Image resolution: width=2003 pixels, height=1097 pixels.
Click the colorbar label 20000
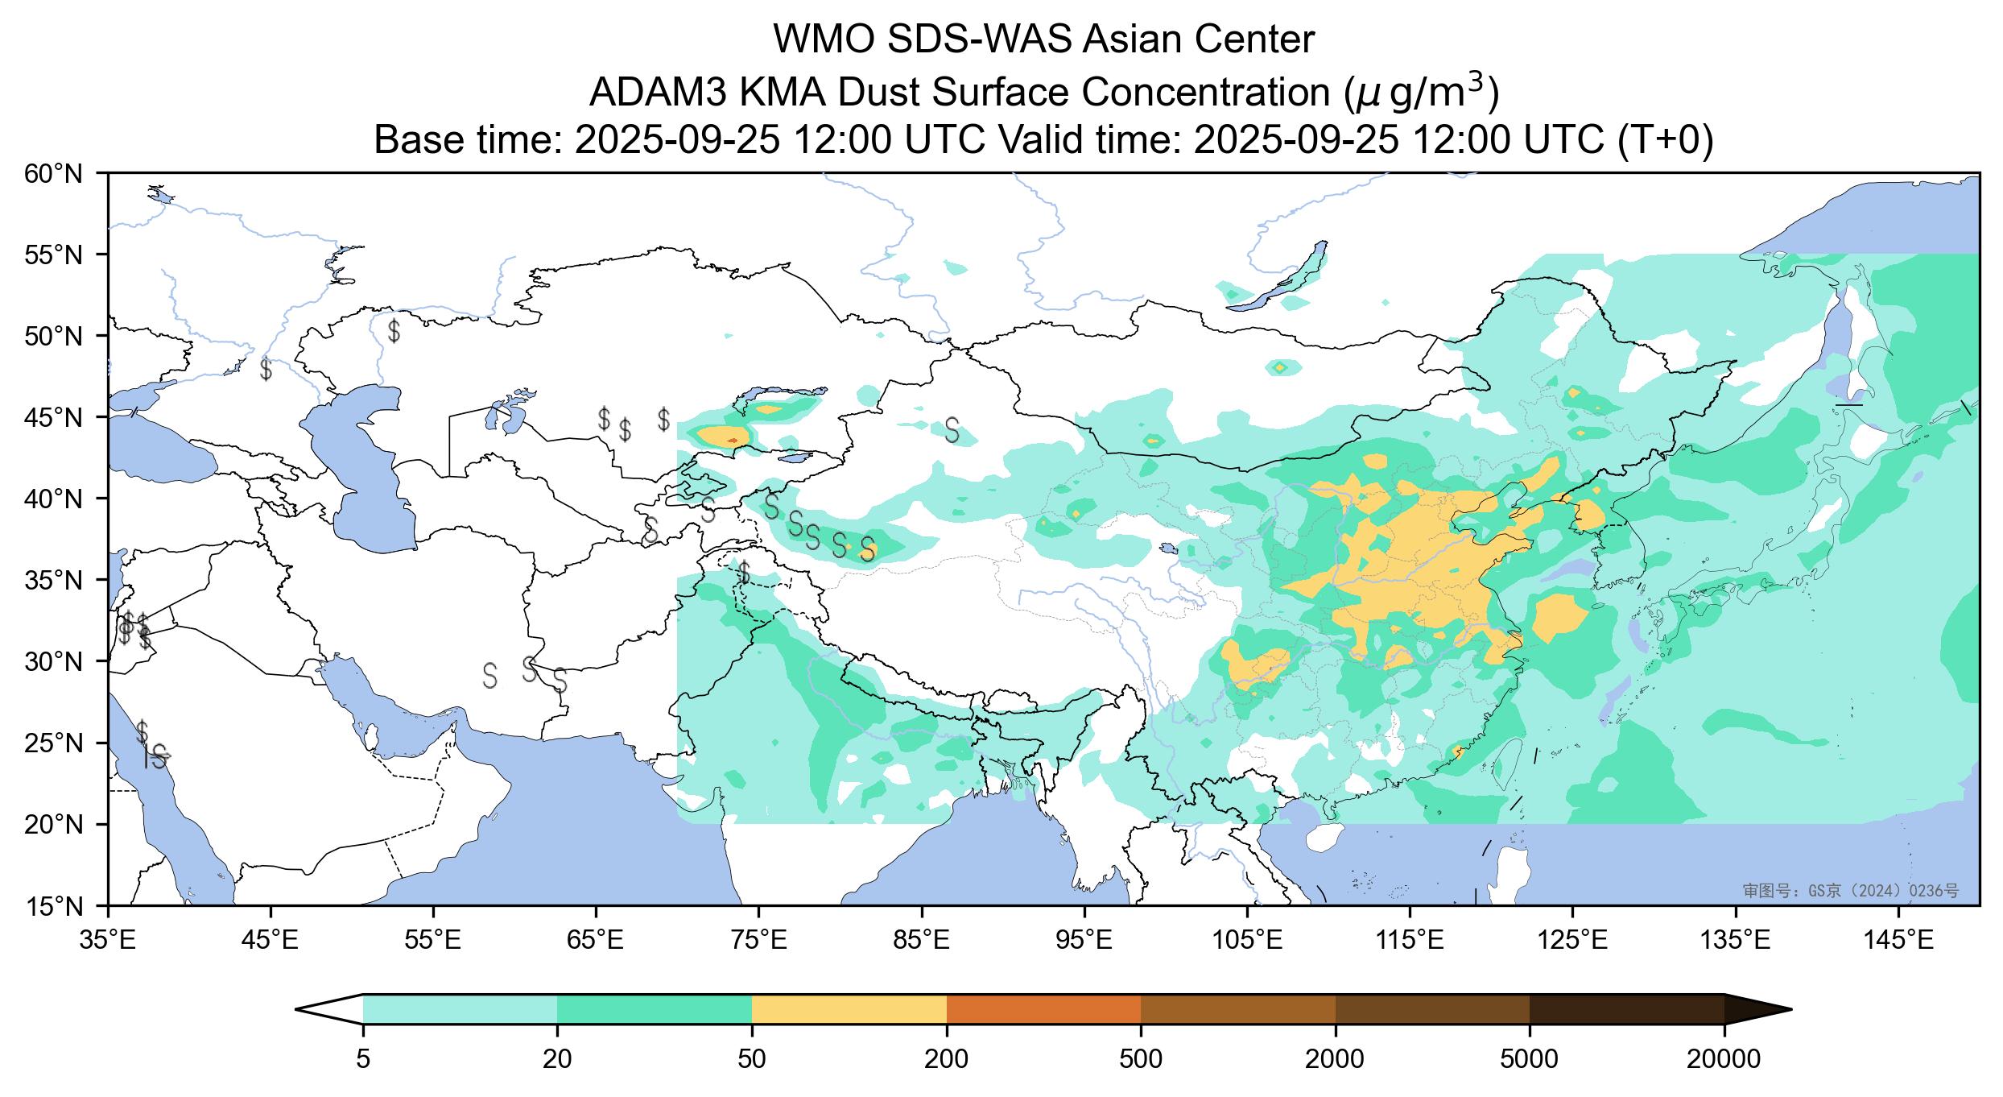click(1724, 1058)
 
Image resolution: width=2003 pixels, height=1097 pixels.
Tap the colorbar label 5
click(363, 1058)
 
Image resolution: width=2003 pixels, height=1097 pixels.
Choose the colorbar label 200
click(947, 1058)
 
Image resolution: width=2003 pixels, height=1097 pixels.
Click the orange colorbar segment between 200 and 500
click(1043, 1008)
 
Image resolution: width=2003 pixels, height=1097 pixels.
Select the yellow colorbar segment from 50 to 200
click(849, 1008)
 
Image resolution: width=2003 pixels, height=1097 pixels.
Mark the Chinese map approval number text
click(1850, 890)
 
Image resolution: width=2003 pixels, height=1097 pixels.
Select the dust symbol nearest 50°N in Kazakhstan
click(394, 330)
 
